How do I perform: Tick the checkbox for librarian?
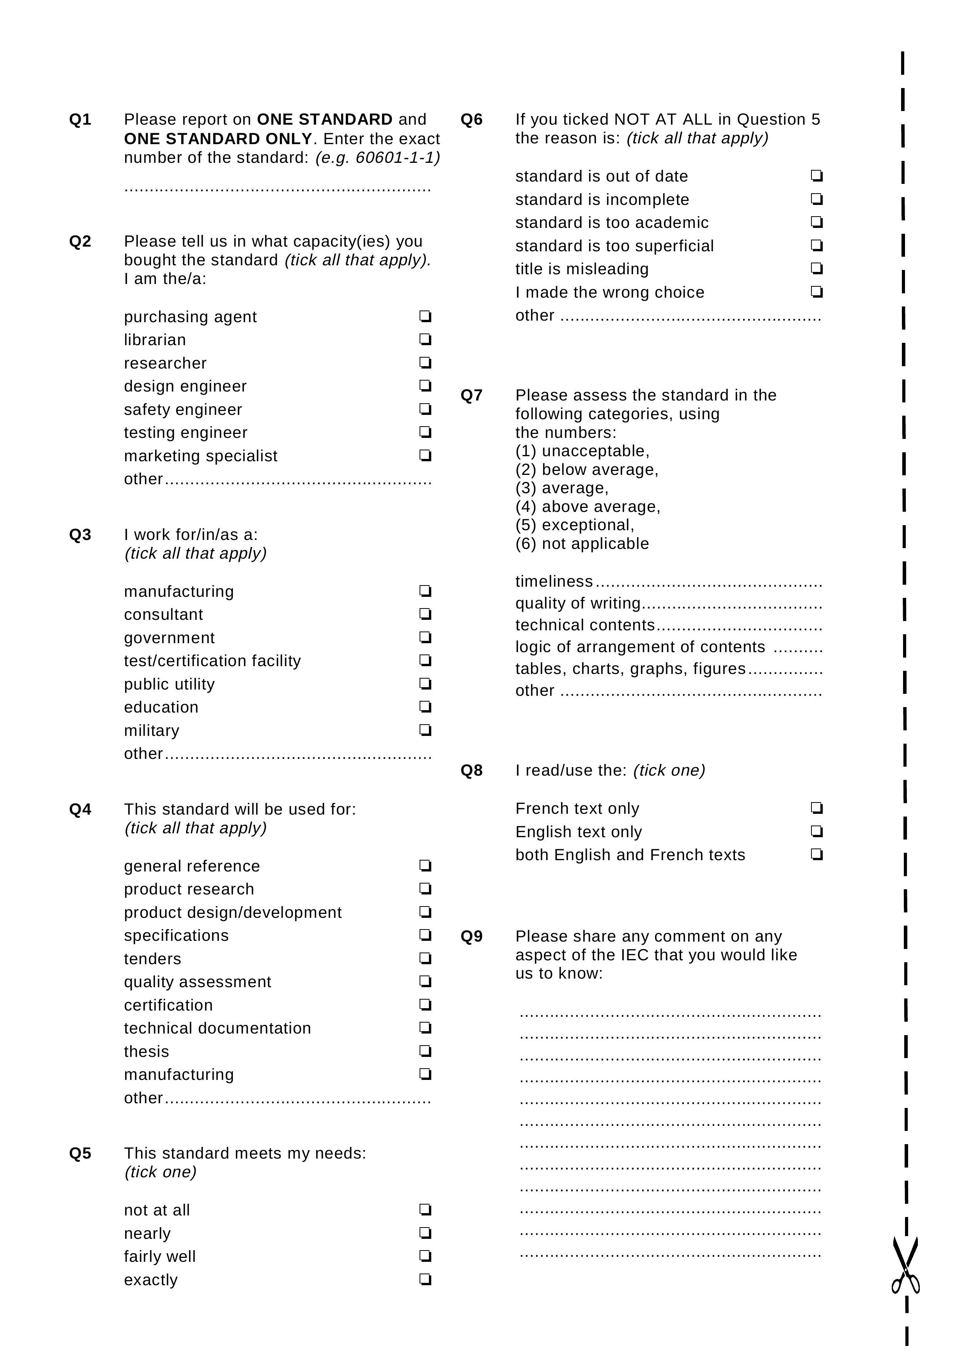[x=425, y=339]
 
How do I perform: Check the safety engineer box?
[x=425, y=409]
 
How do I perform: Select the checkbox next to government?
[x=425, y=637]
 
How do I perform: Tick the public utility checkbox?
[x=425, y=683]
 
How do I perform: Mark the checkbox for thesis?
[x=425, y=1051]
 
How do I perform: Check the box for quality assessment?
[x=425, y=981]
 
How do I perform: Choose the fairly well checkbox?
[x=425, y=1256]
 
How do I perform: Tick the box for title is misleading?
[x=816, y=268]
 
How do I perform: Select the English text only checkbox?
[x=816, y=831]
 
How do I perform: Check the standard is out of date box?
[x=816, y=176]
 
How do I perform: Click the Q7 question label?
[x=471, y=395]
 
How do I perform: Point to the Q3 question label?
[x=80, y=534]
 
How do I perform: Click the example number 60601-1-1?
[x=397, y=158]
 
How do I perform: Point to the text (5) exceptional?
[x=575, y=525]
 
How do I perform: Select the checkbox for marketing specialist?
[x=425, y=455]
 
